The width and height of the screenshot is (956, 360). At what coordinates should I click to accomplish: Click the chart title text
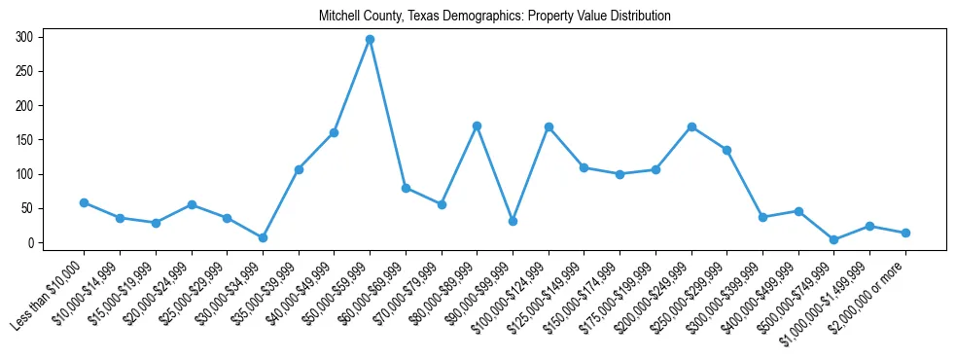point(495,17)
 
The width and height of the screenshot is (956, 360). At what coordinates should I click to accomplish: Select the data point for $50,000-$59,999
point(370,40)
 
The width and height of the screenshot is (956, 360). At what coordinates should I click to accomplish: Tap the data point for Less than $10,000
point(84,202)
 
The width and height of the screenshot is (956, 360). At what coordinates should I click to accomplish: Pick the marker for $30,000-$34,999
point(263,237)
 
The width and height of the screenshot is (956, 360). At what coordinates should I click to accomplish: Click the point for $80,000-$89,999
point(477,126)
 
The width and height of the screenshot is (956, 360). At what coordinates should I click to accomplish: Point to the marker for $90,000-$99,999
point(513,221)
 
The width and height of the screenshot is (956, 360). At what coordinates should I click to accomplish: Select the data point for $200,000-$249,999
point(691,126)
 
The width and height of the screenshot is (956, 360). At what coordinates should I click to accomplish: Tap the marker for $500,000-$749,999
point(834,239)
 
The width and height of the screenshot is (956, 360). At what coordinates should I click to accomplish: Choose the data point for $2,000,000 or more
point(905,233)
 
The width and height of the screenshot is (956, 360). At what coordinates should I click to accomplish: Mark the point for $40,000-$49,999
point(334,132)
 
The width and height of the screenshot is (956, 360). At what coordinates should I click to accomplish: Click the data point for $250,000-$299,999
point(726,150)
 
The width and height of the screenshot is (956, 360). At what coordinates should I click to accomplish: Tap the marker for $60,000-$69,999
point(406,188)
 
